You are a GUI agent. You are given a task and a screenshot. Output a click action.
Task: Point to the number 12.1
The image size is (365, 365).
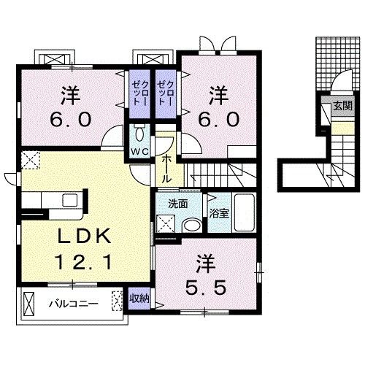pos(82,261)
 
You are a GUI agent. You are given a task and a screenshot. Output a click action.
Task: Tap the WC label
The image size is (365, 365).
pos(139,151)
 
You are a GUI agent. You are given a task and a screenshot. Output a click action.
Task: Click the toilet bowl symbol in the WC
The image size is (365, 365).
pos(139,134)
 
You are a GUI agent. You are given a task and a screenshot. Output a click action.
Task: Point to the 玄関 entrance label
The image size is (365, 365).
pos(342,105)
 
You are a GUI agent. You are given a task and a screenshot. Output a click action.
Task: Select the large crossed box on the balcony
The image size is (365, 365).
pos(28,301)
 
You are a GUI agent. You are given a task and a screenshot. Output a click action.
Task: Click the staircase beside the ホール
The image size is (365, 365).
pos(219,174)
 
